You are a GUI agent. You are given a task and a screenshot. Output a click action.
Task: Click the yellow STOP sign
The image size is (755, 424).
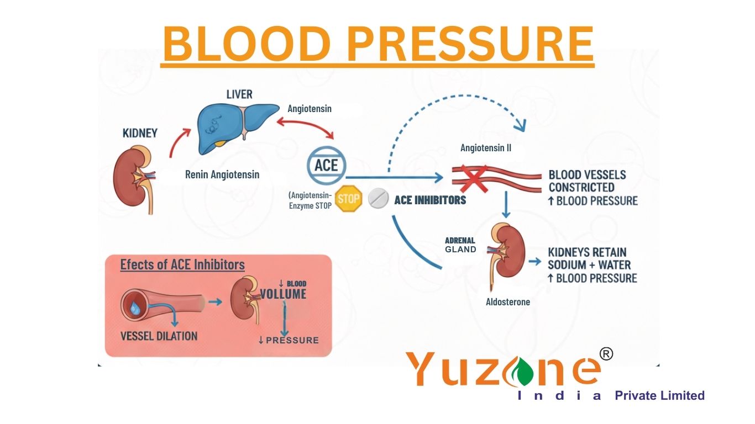tap(348, 199)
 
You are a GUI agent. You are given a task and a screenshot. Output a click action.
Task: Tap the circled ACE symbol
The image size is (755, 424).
tap(326, 165)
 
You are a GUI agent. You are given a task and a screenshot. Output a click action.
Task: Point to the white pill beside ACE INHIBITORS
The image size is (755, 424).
tap(379, 199)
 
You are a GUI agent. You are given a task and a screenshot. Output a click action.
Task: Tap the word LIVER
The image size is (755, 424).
tap(239, 94)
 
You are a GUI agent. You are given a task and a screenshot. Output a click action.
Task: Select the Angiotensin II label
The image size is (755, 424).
tap(486, 148)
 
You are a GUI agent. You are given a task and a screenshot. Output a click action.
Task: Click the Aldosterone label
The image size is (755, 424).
tap(507, 302)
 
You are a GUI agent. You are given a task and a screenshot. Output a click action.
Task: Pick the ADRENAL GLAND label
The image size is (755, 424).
tap(460, 245)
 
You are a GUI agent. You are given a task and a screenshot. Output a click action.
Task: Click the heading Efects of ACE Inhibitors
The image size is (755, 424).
tap(182, 265)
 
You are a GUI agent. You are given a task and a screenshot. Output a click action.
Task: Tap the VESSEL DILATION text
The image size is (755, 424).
tap(159, 336)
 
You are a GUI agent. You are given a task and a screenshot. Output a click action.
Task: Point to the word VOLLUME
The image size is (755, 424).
tap(283, 294)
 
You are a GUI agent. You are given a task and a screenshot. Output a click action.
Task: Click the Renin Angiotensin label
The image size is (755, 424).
tap(222, 174)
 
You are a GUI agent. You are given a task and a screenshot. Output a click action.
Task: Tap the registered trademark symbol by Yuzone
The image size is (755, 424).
tap(606, 354)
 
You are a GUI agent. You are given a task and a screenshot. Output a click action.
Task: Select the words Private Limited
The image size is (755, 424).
tap(659, 395)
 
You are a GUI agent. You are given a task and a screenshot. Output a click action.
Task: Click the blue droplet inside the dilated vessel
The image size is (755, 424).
tap(135, 307)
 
